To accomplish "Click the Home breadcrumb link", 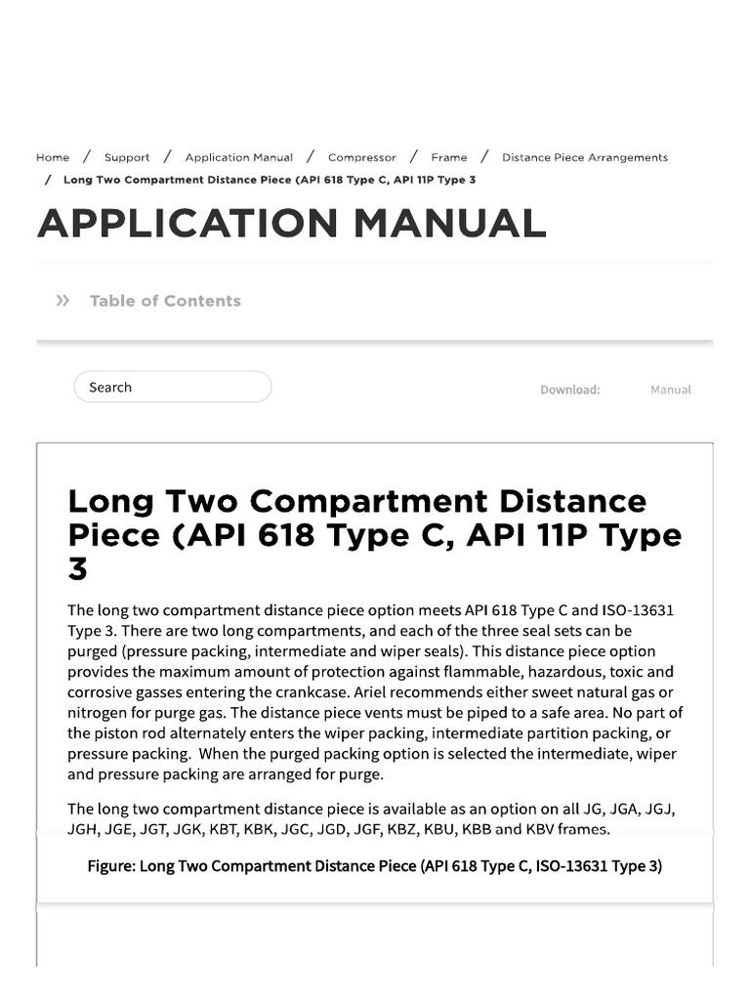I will point(53,157).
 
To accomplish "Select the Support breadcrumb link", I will point(127,157).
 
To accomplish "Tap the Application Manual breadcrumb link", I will point(238,157).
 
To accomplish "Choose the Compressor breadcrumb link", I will point(362,157).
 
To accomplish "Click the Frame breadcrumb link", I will point(449,157).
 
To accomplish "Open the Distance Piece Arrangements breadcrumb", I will point(585,157).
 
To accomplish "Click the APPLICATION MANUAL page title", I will point(291,224).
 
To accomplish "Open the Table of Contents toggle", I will point(164,301).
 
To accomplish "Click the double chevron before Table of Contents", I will point(63,301).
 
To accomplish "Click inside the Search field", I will point(173,388).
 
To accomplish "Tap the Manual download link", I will point(670,390).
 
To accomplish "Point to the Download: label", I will point(570,390).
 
